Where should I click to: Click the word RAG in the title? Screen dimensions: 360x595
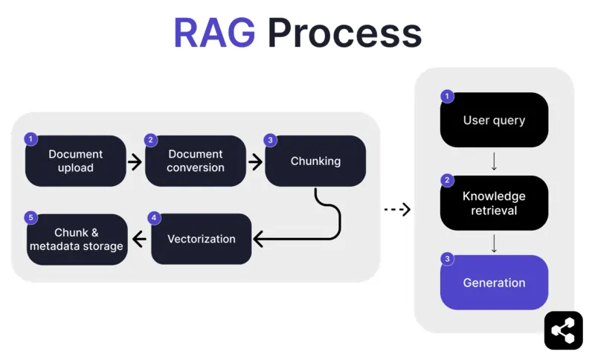tap(214, 33)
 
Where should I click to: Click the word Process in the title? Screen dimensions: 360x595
tap(344, 33)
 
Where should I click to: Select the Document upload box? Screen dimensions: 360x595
tap(76, 161)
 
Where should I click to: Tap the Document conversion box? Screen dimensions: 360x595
tap(196, 161)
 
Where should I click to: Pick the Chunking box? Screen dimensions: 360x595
tap(315, 161)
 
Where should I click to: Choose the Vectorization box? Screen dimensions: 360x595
tap(202, 239)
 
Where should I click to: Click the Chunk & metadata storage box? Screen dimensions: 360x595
tap(77, 239)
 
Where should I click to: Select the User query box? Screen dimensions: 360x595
tap(494, 120)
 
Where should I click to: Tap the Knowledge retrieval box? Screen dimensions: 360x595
tap(494, 203)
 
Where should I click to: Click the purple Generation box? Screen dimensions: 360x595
tap(494, 283)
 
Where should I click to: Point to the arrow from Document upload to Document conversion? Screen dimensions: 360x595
tap(135, 161)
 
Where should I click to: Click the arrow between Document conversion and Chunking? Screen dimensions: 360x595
tap(255, 161)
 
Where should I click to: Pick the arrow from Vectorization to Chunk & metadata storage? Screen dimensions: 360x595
tap(139, 239)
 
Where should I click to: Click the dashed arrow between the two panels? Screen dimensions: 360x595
tap(397, 210)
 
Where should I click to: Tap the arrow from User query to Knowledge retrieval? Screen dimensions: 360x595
tap(494, 161)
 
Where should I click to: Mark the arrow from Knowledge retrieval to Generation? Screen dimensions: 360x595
tap(494, 242)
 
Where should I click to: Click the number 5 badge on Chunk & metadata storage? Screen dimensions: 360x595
tap(30, 217)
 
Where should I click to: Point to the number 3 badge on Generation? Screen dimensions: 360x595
tap(447, 259)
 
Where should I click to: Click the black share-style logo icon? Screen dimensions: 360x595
tap(563, 330)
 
